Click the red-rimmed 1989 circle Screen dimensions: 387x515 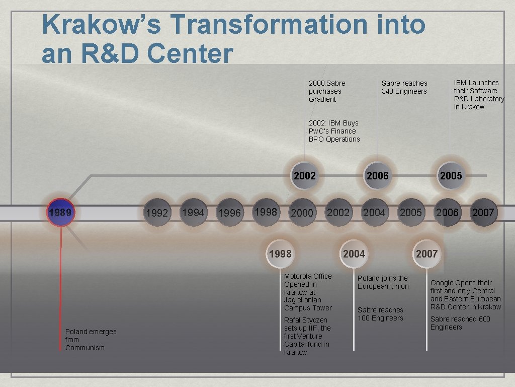click(x=60, y=212)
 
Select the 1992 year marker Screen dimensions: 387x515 click(x=156, y=213)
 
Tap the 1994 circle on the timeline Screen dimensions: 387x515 click(x=193, y=212)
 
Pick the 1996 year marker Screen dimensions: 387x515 click(x=229, y=213)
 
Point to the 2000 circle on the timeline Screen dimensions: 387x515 click(x=302, y=213)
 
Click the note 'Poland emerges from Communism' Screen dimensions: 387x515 click(x=91, y=339)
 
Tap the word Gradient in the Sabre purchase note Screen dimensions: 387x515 click(x=322, y=99)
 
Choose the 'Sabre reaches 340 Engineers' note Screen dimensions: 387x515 click(x=404, y=87)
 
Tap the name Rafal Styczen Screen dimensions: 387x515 click(x=305, y=320)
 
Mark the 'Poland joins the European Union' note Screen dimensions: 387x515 click(x=383, y=282)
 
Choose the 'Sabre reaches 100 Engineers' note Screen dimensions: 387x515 click(x=380, y=314)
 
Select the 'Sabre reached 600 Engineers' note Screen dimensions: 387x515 click(x=460, y=323)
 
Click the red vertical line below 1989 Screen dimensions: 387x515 click(x=61, y=282)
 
